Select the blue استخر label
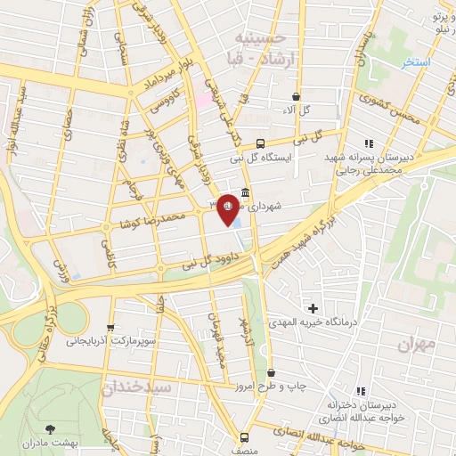click(x=415, y=62)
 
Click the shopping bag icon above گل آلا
click(x=297, y=96)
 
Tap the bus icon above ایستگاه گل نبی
click(x=260, y=143)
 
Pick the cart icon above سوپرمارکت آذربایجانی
click(x=110, y=327)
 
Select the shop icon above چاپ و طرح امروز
click(x=271, y=373)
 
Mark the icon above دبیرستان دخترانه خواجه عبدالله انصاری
click(x=361, y=390)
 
